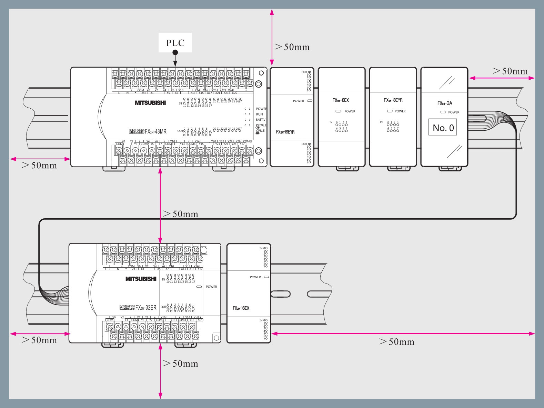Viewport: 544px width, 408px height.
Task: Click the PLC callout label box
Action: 175,43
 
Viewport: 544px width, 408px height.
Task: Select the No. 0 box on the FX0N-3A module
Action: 443,128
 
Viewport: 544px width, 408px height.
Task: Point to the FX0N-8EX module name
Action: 341,100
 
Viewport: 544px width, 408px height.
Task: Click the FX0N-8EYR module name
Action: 393,100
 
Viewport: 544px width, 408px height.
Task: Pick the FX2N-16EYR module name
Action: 285,132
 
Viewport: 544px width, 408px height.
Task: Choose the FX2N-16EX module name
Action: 241,308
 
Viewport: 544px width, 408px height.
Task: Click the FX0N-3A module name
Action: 444,103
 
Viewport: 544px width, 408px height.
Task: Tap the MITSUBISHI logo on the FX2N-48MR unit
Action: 150,103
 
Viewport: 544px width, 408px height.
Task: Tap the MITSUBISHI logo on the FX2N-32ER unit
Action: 141,279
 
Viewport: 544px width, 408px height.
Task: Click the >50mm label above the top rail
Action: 292,47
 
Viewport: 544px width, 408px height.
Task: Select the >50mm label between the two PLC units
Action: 180,214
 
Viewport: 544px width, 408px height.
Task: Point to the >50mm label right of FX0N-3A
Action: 510,71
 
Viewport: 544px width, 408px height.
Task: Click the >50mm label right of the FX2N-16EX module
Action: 396,342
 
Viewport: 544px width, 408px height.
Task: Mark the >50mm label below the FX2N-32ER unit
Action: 180,364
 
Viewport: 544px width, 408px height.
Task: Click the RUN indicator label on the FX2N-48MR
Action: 259,114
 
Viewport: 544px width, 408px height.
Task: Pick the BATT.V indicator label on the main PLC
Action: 260,120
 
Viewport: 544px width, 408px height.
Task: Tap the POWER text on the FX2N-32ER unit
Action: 211,287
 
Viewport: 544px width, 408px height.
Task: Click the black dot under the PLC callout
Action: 175,52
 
